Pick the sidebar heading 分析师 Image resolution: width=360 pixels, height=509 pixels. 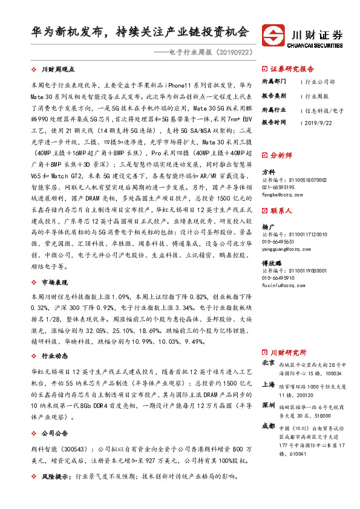pyautogui.click(x=280, y=155)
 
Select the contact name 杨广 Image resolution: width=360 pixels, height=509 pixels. pyautogui.click(x=267, y=225)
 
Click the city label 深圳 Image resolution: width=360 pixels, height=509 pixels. pyautogui.click(x=268, y=404)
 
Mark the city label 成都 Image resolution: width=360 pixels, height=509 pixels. pyautogui.click(x=268, y=426)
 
